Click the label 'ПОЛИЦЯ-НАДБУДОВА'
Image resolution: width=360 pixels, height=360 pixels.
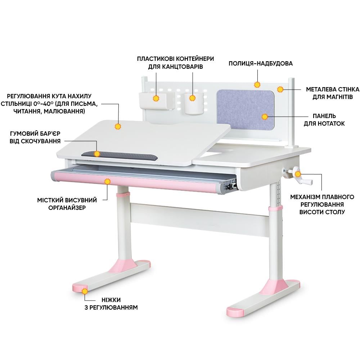click(x=261, y=63)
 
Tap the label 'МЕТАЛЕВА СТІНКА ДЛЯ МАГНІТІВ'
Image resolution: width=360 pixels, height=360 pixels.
click(x=332, y=93)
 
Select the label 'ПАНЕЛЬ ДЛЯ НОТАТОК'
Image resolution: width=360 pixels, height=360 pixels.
click(x=324, y=120)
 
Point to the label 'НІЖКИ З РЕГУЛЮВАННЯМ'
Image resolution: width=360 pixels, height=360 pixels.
click(x=111, y=303)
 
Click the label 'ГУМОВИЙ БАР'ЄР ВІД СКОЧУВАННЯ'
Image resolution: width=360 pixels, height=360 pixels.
click(x=35, y=137)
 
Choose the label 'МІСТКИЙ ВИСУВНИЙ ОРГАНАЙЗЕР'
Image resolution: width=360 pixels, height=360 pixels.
click(x=67, y=204)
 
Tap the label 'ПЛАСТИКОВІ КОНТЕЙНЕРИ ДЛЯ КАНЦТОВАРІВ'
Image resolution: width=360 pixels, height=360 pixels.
click(x=175, y=63)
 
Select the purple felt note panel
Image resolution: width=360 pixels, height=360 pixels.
click(x=246, y=109)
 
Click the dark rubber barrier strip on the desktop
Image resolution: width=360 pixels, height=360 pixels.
click(x=120, y=156)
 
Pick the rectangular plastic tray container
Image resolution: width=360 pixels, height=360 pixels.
click(x=156, y=100)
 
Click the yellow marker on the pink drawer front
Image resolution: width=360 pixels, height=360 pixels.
click(x=107, y=181)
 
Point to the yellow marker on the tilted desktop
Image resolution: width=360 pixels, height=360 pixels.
click(x=118, y=126)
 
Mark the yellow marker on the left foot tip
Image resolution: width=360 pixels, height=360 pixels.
click(x=85, y=291)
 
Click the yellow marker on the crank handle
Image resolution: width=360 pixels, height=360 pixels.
click(x=298, y=174)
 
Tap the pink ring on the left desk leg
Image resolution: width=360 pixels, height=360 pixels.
click(x=123, y=195)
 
